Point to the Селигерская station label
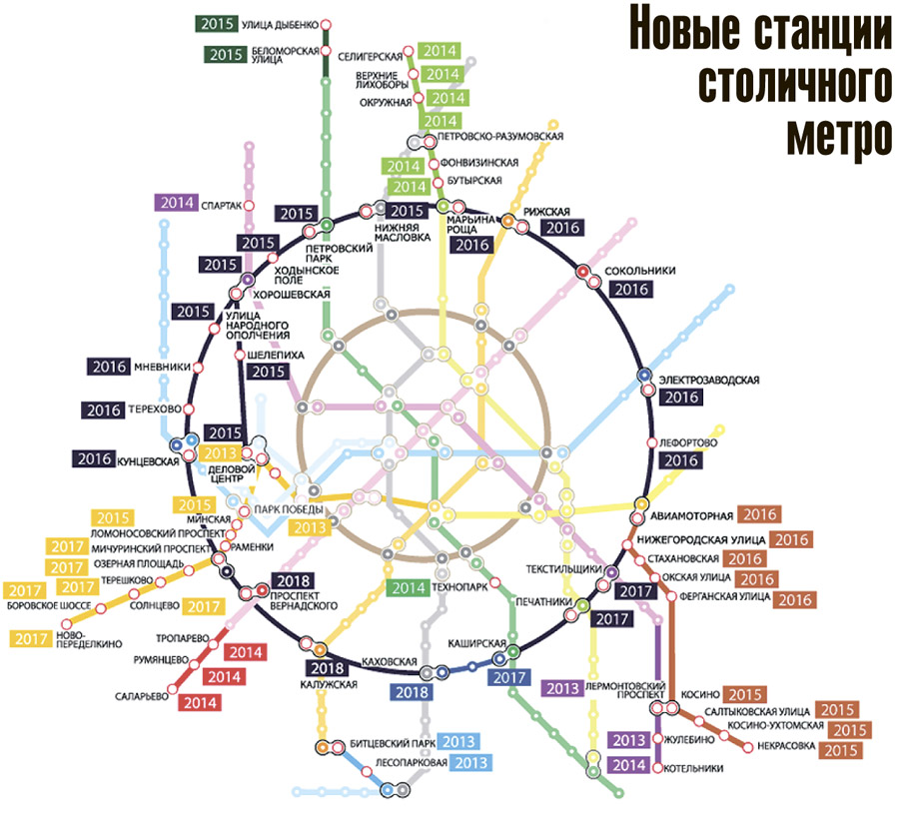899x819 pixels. coord(369,57)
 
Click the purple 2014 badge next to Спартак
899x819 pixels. coord(175,203)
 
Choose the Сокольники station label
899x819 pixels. coord(641,270)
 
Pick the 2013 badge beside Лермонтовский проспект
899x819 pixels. coord(562,688)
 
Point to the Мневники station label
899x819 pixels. coord(160,367)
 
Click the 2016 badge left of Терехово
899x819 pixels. coord(104,409)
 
